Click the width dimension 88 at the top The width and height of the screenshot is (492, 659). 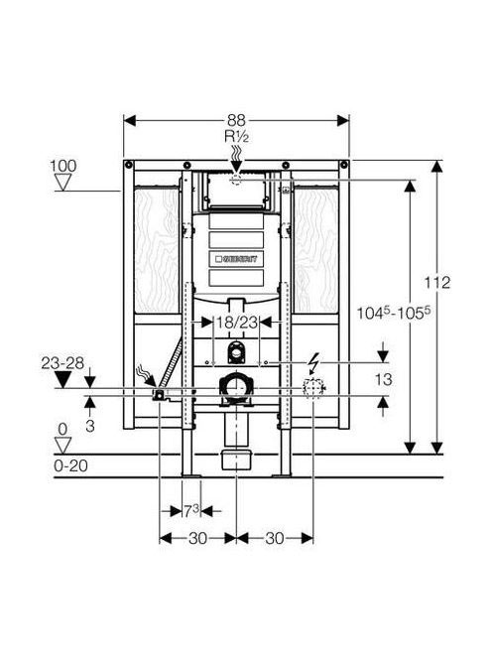tap(236, 121)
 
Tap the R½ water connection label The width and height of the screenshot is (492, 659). tap(236, 137)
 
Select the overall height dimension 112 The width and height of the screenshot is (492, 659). tap(437, 283)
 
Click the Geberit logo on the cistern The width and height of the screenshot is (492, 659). tap(236, 259)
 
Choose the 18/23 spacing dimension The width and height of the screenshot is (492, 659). tap(236, 323)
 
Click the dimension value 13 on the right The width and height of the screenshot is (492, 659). tap(383, 379)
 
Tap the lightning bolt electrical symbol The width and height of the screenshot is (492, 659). tap(312, 363)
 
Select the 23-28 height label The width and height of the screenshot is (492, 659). tap(62, 362)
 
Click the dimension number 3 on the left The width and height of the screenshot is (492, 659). tap(90, 426)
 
